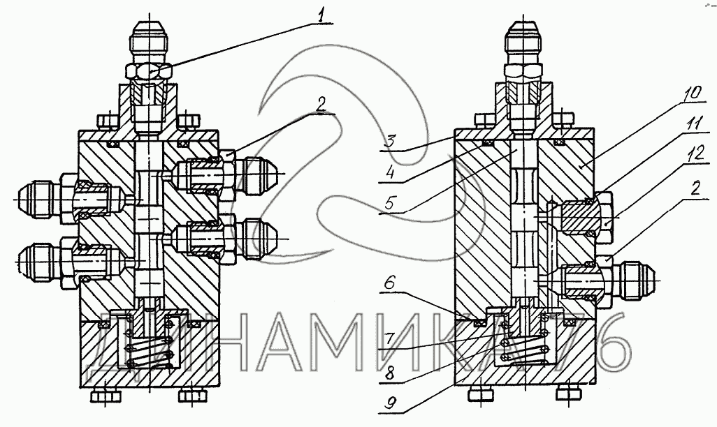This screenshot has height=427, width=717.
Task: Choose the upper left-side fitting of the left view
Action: (42, 199)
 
